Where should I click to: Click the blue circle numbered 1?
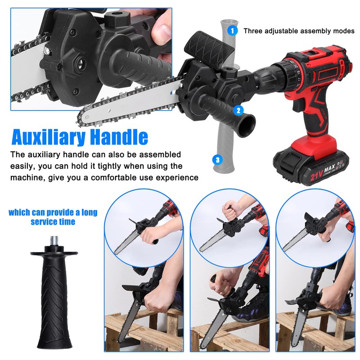[232, 31]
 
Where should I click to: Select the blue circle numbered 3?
[218, 159]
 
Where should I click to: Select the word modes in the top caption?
[344, 31]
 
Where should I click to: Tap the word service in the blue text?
[45, 222]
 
